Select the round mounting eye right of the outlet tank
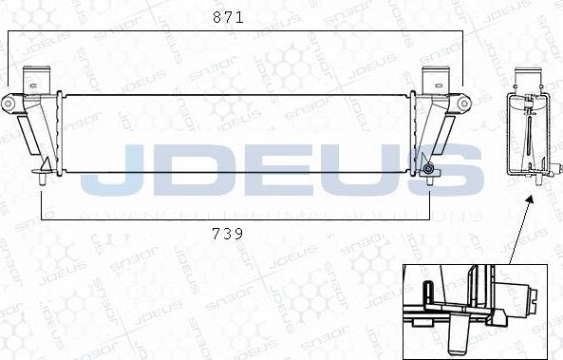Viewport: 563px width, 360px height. coord(462,102)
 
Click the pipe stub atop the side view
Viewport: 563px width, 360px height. coord(531,82)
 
